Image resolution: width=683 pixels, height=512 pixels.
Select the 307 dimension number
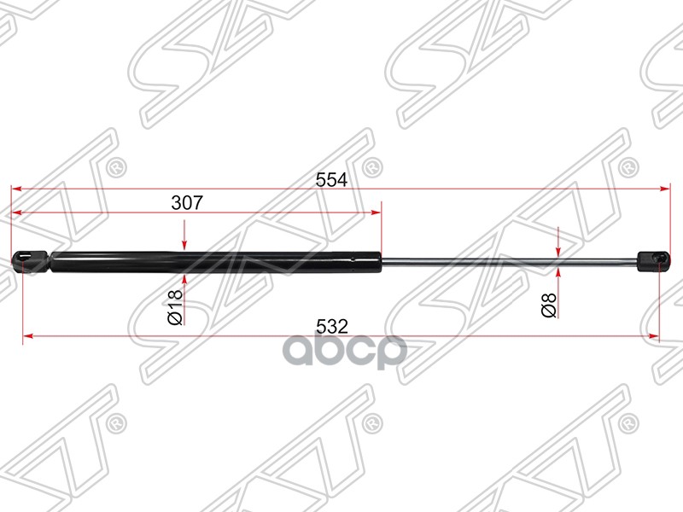(x=187, y=203)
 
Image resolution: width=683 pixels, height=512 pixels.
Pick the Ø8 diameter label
(x=549, y=304)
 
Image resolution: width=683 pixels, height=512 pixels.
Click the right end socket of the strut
(x=653, y=260)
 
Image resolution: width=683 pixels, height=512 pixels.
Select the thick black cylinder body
(x=213, y=260)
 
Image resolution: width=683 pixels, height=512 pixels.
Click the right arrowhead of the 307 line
(x=377, y=212)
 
